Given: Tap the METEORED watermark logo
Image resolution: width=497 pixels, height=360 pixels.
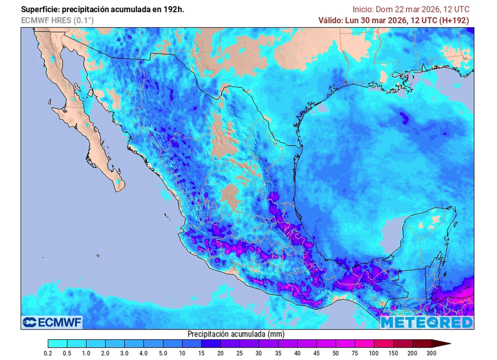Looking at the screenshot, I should click(426, 322).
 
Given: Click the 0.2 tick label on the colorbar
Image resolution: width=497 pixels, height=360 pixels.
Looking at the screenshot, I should click(48, 353).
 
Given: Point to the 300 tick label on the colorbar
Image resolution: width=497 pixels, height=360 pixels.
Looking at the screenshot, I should click(431, 353).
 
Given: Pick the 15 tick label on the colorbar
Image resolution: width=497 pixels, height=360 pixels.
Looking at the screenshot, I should click(201, 353).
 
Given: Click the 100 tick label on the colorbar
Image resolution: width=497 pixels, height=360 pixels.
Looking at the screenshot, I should click(374, 353).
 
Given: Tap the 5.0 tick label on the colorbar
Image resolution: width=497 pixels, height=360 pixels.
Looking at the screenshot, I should click(163, 353).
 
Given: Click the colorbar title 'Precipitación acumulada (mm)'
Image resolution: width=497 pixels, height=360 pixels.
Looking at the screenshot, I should click(236, 334).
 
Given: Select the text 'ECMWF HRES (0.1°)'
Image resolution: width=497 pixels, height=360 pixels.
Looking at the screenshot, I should click(57, 20).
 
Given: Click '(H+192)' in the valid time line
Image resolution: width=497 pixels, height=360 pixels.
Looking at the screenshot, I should click(454, 20).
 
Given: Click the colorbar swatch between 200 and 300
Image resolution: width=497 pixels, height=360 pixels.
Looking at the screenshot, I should click(421, 344).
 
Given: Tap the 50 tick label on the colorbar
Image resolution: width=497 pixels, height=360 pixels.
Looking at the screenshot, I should click(335, 353).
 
